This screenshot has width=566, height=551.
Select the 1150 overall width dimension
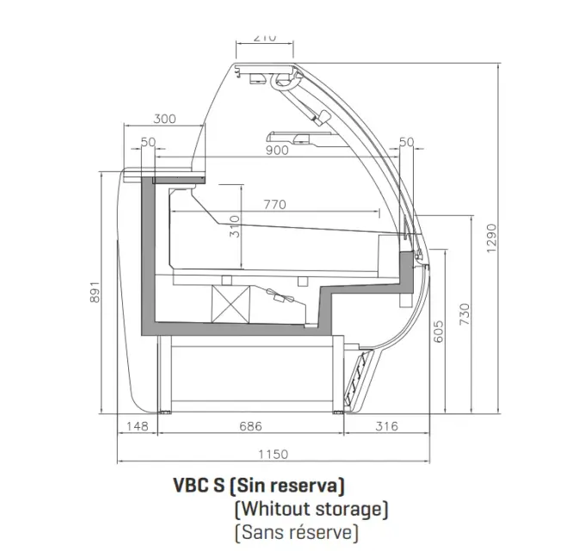pos(273,454)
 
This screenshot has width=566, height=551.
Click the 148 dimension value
pos(137,426)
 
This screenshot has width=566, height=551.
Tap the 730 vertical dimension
pos(464,315)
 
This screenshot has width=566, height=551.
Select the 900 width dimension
pos(277,151)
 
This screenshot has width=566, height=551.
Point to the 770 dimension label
pos(274,205)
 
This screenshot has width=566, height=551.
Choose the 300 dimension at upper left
pos(166,119)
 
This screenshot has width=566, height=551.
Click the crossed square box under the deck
pos(230,301)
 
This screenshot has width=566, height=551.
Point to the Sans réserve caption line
pos(297,531)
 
